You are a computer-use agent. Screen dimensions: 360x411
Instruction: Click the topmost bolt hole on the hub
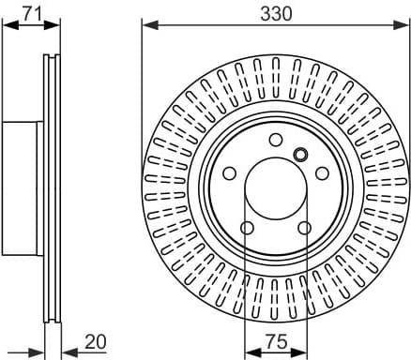pos(275,140)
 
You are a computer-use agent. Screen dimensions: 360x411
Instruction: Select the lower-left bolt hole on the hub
pos(246,228)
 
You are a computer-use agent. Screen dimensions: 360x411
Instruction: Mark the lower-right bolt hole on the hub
pos(304,228)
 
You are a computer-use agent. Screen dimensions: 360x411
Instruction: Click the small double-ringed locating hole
pos(300,156)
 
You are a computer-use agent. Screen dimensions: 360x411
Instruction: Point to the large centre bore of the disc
pos(275,188)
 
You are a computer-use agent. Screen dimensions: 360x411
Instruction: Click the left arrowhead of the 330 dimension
pos(146,24)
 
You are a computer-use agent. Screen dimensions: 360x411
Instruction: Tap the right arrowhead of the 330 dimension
pos(403,24)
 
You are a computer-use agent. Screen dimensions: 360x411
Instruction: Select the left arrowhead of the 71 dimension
pos(8,25)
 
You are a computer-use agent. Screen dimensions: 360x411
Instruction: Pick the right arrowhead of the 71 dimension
pos(55,25)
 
